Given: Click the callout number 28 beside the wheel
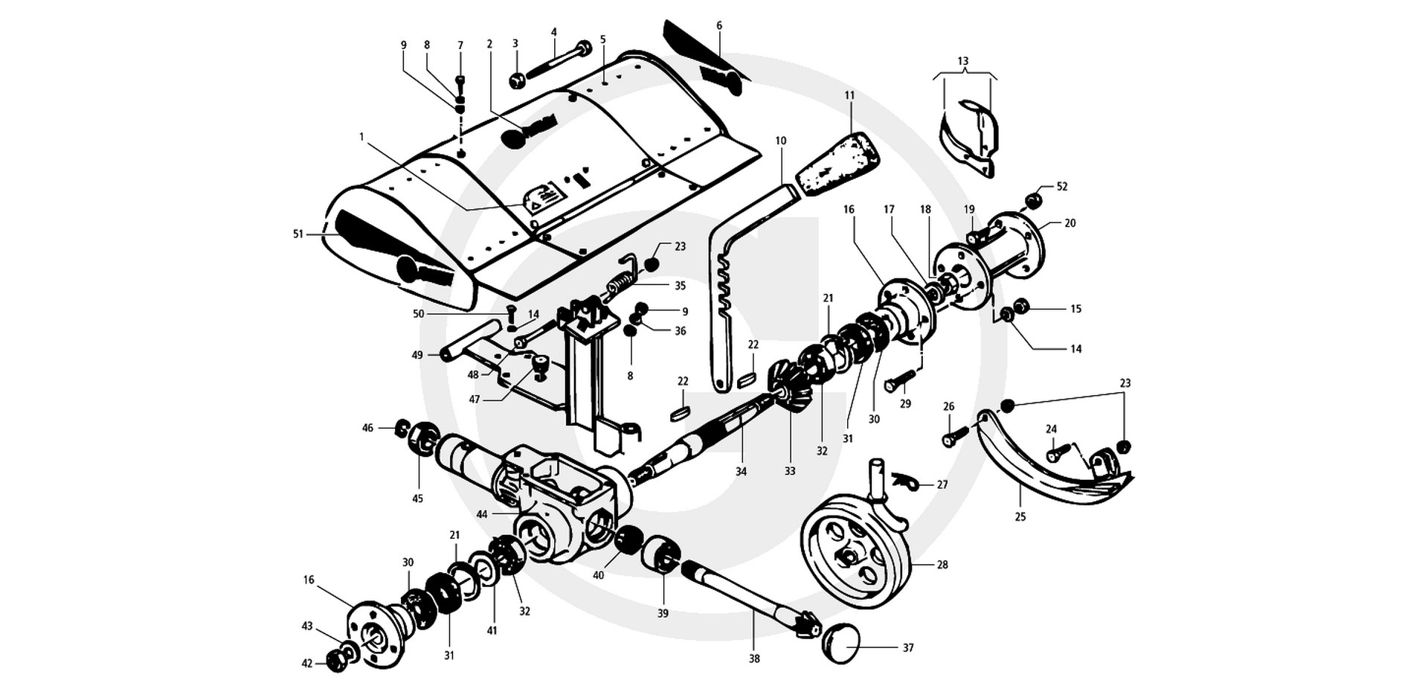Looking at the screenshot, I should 942,566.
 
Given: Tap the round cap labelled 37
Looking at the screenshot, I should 841,643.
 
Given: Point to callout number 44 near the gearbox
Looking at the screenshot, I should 482,514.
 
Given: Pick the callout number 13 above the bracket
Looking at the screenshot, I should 963,61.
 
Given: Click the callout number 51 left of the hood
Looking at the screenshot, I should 298,234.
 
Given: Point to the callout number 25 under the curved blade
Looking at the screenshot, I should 1020,516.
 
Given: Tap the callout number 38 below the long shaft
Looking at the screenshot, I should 754,659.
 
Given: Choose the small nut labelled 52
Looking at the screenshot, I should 1032,200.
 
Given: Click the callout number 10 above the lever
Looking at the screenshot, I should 780,141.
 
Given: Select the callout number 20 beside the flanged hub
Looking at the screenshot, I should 1070,223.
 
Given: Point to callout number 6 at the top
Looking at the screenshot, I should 719,25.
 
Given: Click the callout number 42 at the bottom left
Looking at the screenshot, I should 307,664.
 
